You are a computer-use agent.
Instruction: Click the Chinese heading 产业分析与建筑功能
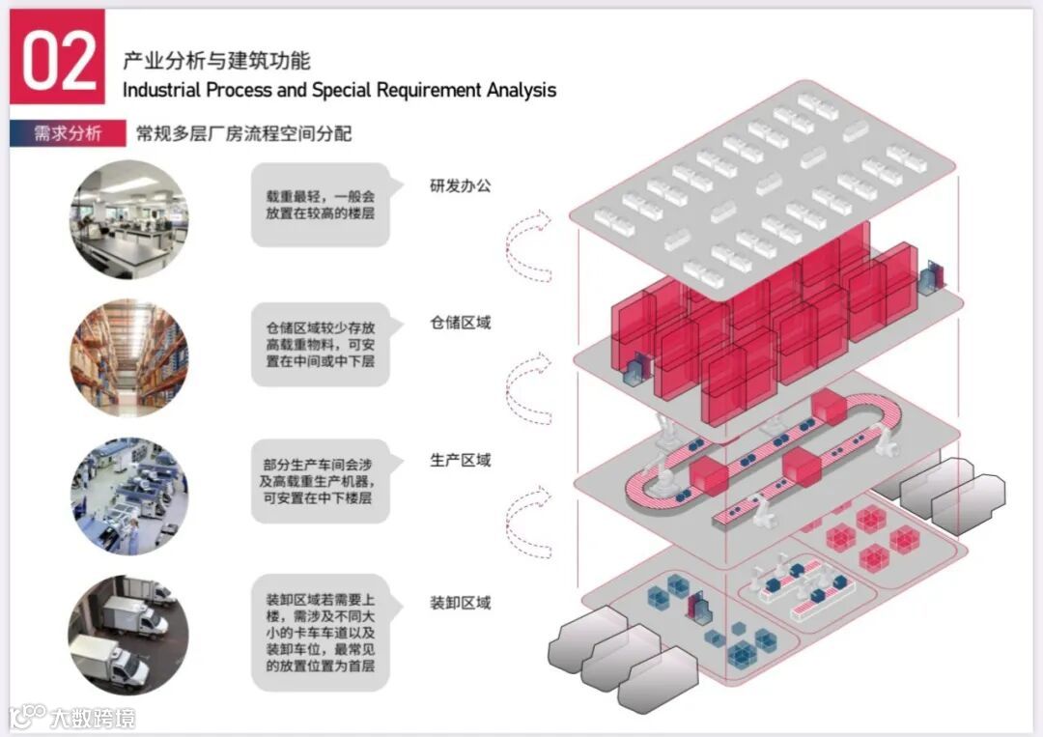[216, 61]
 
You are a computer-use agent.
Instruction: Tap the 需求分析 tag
[68, 133]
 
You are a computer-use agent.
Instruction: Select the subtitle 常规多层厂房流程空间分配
[243, 133]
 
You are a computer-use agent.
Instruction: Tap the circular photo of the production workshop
[129, 496]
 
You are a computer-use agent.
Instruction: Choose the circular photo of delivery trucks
[129, 634]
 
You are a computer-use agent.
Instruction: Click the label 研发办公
[461, 184]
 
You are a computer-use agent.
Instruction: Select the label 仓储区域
[461, 323]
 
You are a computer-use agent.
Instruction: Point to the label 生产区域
[461, 461]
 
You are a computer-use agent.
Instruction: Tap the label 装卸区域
[461, 603]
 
